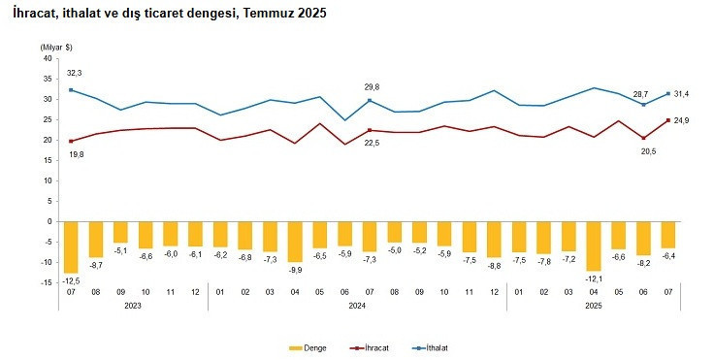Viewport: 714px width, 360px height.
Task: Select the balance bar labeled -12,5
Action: [x=70, y=246]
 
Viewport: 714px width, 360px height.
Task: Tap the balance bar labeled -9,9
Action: [x=295, y=241]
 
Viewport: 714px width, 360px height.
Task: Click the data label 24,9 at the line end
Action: [x=681, y=120]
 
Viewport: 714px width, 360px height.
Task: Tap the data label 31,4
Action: [x=681, y=94]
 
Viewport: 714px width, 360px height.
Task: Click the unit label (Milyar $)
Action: [x=57, y=47]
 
